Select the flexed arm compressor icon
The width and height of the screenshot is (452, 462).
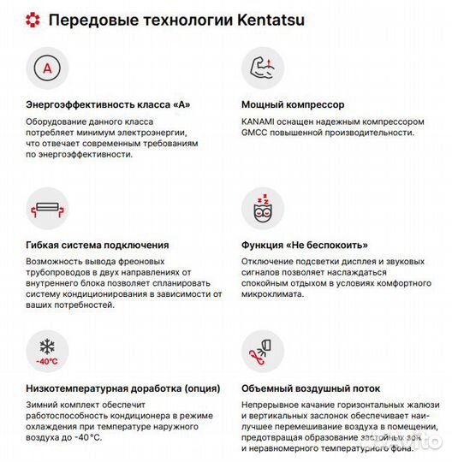261,67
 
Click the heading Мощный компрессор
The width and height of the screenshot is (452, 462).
293,104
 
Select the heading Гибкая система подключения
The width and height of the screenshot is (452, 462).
97,245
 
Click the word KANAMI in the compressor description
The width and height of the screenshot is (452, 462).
259,121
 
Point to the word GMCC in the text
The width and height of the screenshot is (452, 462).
255,133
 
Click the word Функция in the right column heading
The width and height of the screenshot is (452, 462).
266,245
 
